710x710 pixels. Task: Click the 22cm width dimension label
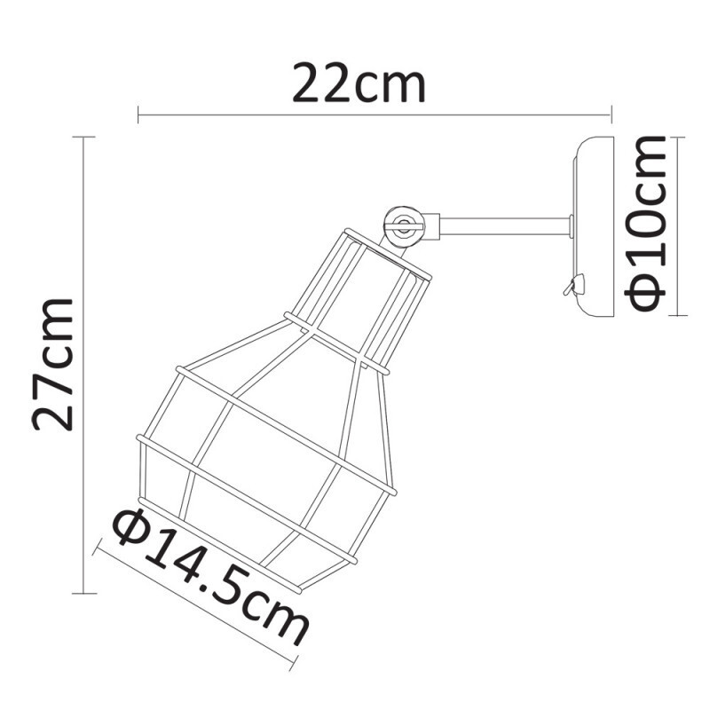click(359, 85)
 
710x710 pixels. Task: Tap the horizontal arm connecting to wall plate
click(506, 227)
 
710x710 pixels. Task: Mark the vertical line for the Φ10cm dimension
click(678, 226)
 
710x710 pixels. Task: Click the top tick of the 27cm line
click(83, 138)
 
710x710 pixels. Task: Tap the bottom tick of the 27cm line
click(83, 593)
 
